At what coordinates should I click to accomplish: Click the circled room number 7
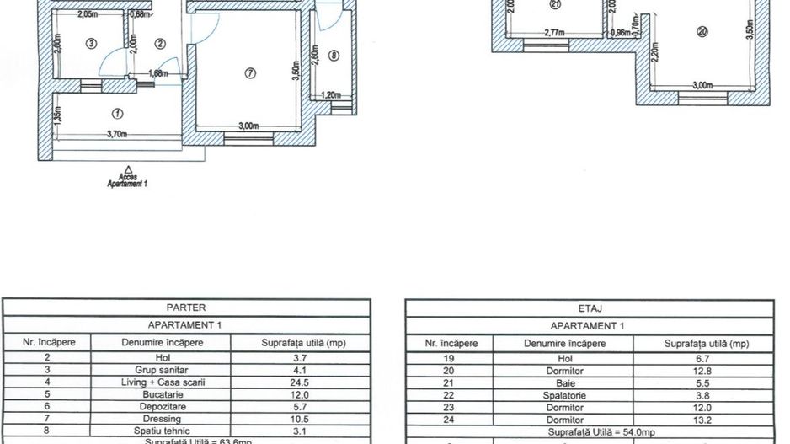click(x=250, y=73)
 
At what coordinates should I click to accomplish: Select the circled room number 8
click(x=333, y=56)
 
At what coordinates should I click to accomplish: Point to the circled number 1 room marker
click(x=117, y=113)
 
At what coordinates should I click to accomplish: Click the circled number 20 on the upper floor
click(x=702, y=32)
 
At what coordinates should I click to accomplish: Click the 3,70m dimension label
click(x=116, y=134)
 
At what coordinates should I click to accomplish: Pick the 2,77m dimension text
click(x=553, y=33)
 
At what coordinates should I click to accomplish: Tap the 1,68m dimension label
click(x=157, y=73)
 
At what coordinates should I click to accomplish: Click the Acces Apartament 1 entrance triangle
click(x=127, y=169)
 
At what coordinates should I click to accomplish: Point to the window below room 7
click(x=243, y=138)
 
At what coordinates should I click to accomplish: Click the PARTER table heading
click(x=186, y=308)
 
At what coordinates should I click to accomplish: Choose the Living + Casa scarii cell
click(x=158, y=382)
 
